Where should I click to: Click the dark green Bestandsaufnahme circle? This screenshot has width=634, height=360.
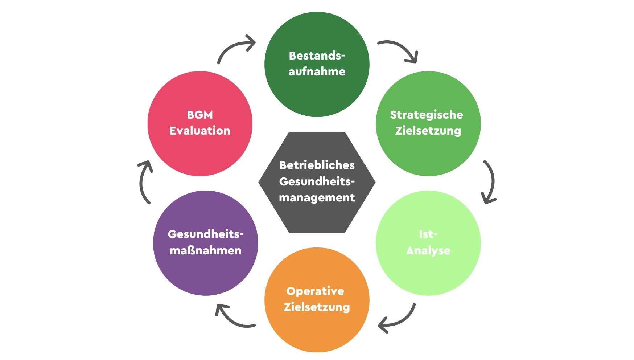tap(317, 65)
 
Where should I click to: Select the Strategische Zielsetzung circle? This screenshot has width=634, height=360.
tap(428, 124)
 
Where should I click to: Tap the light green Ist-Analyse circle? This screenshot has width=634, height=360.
tap(428, 243)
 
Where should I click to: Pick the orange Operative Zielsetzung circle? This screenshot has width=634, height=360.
tap(317, 300)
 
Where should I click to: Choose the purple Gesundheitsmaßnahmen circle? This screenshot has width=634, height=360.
tap(206, 243)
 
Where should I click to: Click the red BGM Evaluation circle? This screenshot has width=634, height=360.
tap(200, 124)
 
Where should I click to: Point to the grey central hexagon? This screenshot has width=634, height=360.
tap(317, 182)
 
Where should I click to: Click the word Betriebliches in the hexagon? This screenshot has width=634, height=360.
tap(317, 165)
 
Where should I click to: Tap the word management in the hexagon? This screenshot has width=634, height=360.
tap(317, 198)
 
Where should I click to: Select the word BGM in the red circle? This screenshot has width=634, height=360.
tap(200, 115)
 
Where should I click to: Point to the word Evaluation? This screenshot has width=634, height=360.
tap(200, 131)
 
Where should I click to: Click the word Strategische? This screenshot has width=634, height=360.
tap(427, 115)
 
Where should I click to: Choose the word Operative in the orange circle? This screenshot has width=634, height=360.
tap(315, 291)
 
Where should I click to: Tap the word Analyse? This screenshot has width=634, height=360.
tap(428, 251)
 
